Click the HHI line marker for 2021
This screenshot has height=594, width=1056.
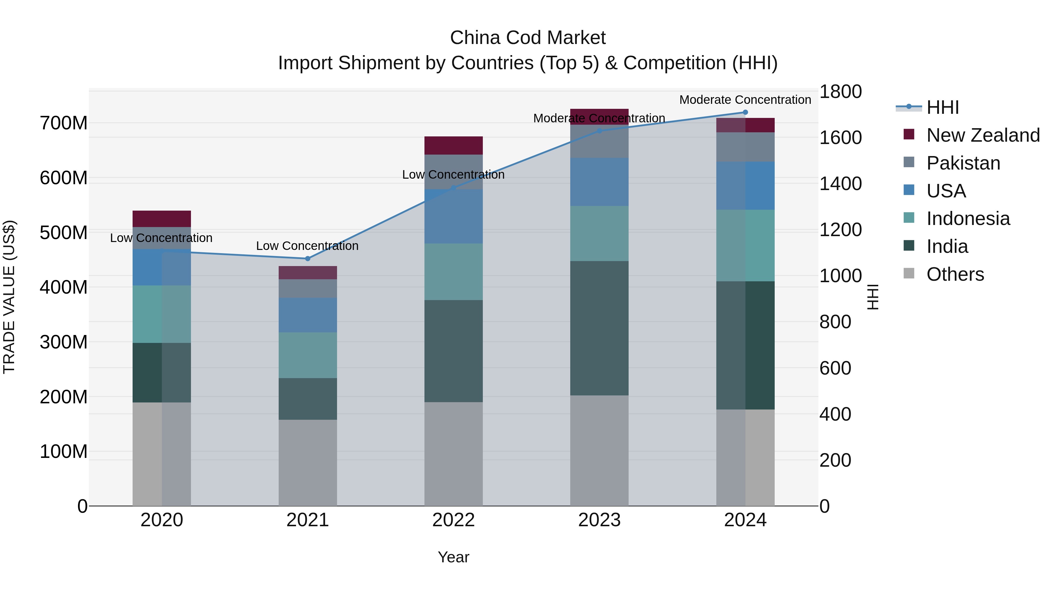point(307,259)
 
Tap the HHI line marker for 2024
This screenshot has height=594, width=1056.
point(745,112)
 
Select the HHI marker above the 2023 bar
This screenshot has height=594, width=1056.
point(599,131)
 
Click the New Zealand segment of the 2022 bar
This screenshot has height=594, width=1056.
point(453,145)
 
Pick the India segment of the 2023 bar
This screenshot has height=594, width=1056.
point(599,328)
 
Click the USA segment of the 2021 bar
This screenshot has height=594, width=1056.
point(307,315)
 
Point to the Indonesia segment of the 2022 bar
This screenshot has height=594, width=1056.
point(453,272)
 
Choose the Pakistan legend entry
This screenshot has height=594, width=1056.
point(963,163)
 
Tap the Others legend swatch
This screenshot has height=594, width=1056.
point(909,273)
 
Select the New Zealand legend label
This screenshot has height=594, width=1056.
point(983,135)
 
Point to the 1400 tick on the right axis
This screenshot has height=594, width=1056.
point(840,184)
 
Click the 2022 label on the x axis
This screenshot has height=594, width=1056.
point(453,520)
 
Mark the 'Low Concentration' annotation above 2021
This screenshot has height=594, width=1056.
point(307,246)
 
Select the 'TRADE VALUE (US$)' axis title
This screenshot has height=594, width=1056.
point(9,297)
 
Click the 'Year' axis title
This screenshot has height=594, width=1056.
point(453,557)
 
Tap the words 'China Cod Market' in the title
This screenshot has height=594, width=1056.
point(528,38)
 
